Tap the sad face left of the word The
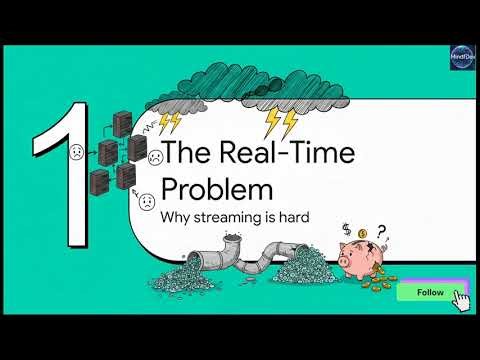point(155,157)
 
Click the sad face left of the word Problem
point(147,200)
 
